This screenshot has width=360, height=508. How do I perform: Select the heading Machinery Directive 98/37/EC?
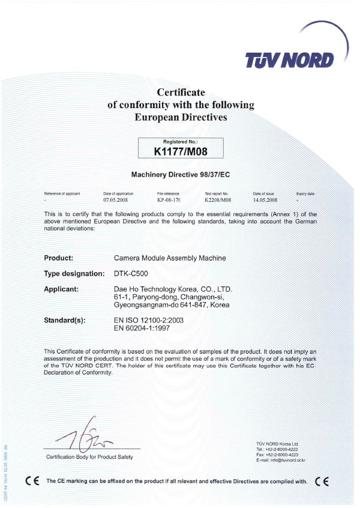(181, 175)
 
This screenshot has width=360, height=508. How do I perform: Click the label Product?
(59, 258)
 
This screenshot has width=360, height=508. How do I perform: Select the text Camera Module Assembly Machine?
(170, 258)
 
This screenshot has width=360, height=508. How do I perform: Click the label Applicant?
(62, 289)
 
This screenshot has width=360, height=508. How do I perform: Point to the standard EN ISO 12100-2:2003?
(149, 321)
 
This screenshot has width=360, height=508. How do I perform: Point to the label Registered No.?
(181, 142)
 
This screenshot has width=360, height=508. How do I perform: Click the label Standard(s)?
(65, 321)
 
